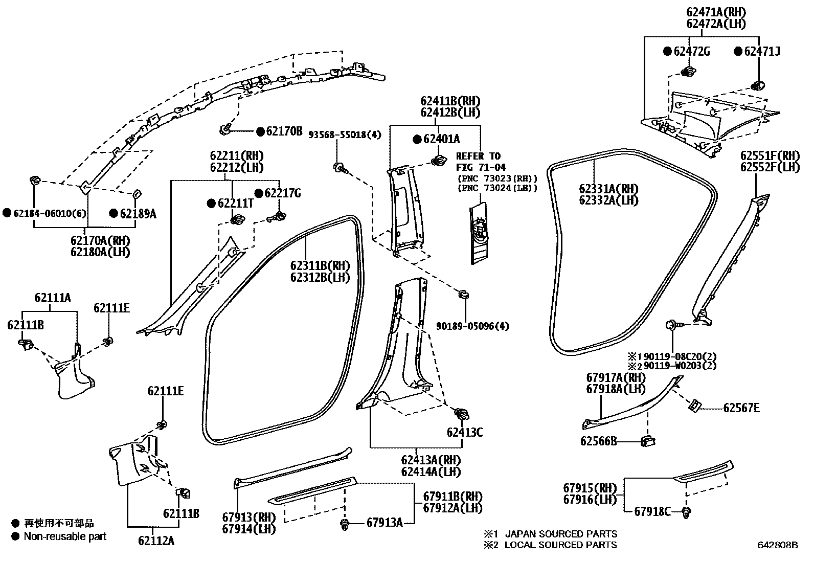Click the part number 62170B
[x=284, y=131]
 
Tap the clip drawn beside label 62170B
[x=225, y=130]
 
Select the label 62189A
[x=138, y=213]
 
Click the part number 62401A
[x=441, y=139]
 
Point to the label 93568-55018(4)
[x=345, y=135]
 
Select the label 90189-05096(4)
[x=472, y=326]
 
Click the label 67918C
[x=652, y=511]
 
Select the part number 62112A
[x=156, y=540]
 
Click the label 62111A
[x=53, y=298]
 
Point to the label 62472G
[x=691, y=51]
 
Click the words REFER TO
[x=478, y=156]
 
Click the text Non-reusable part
[x=65, y=536]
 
